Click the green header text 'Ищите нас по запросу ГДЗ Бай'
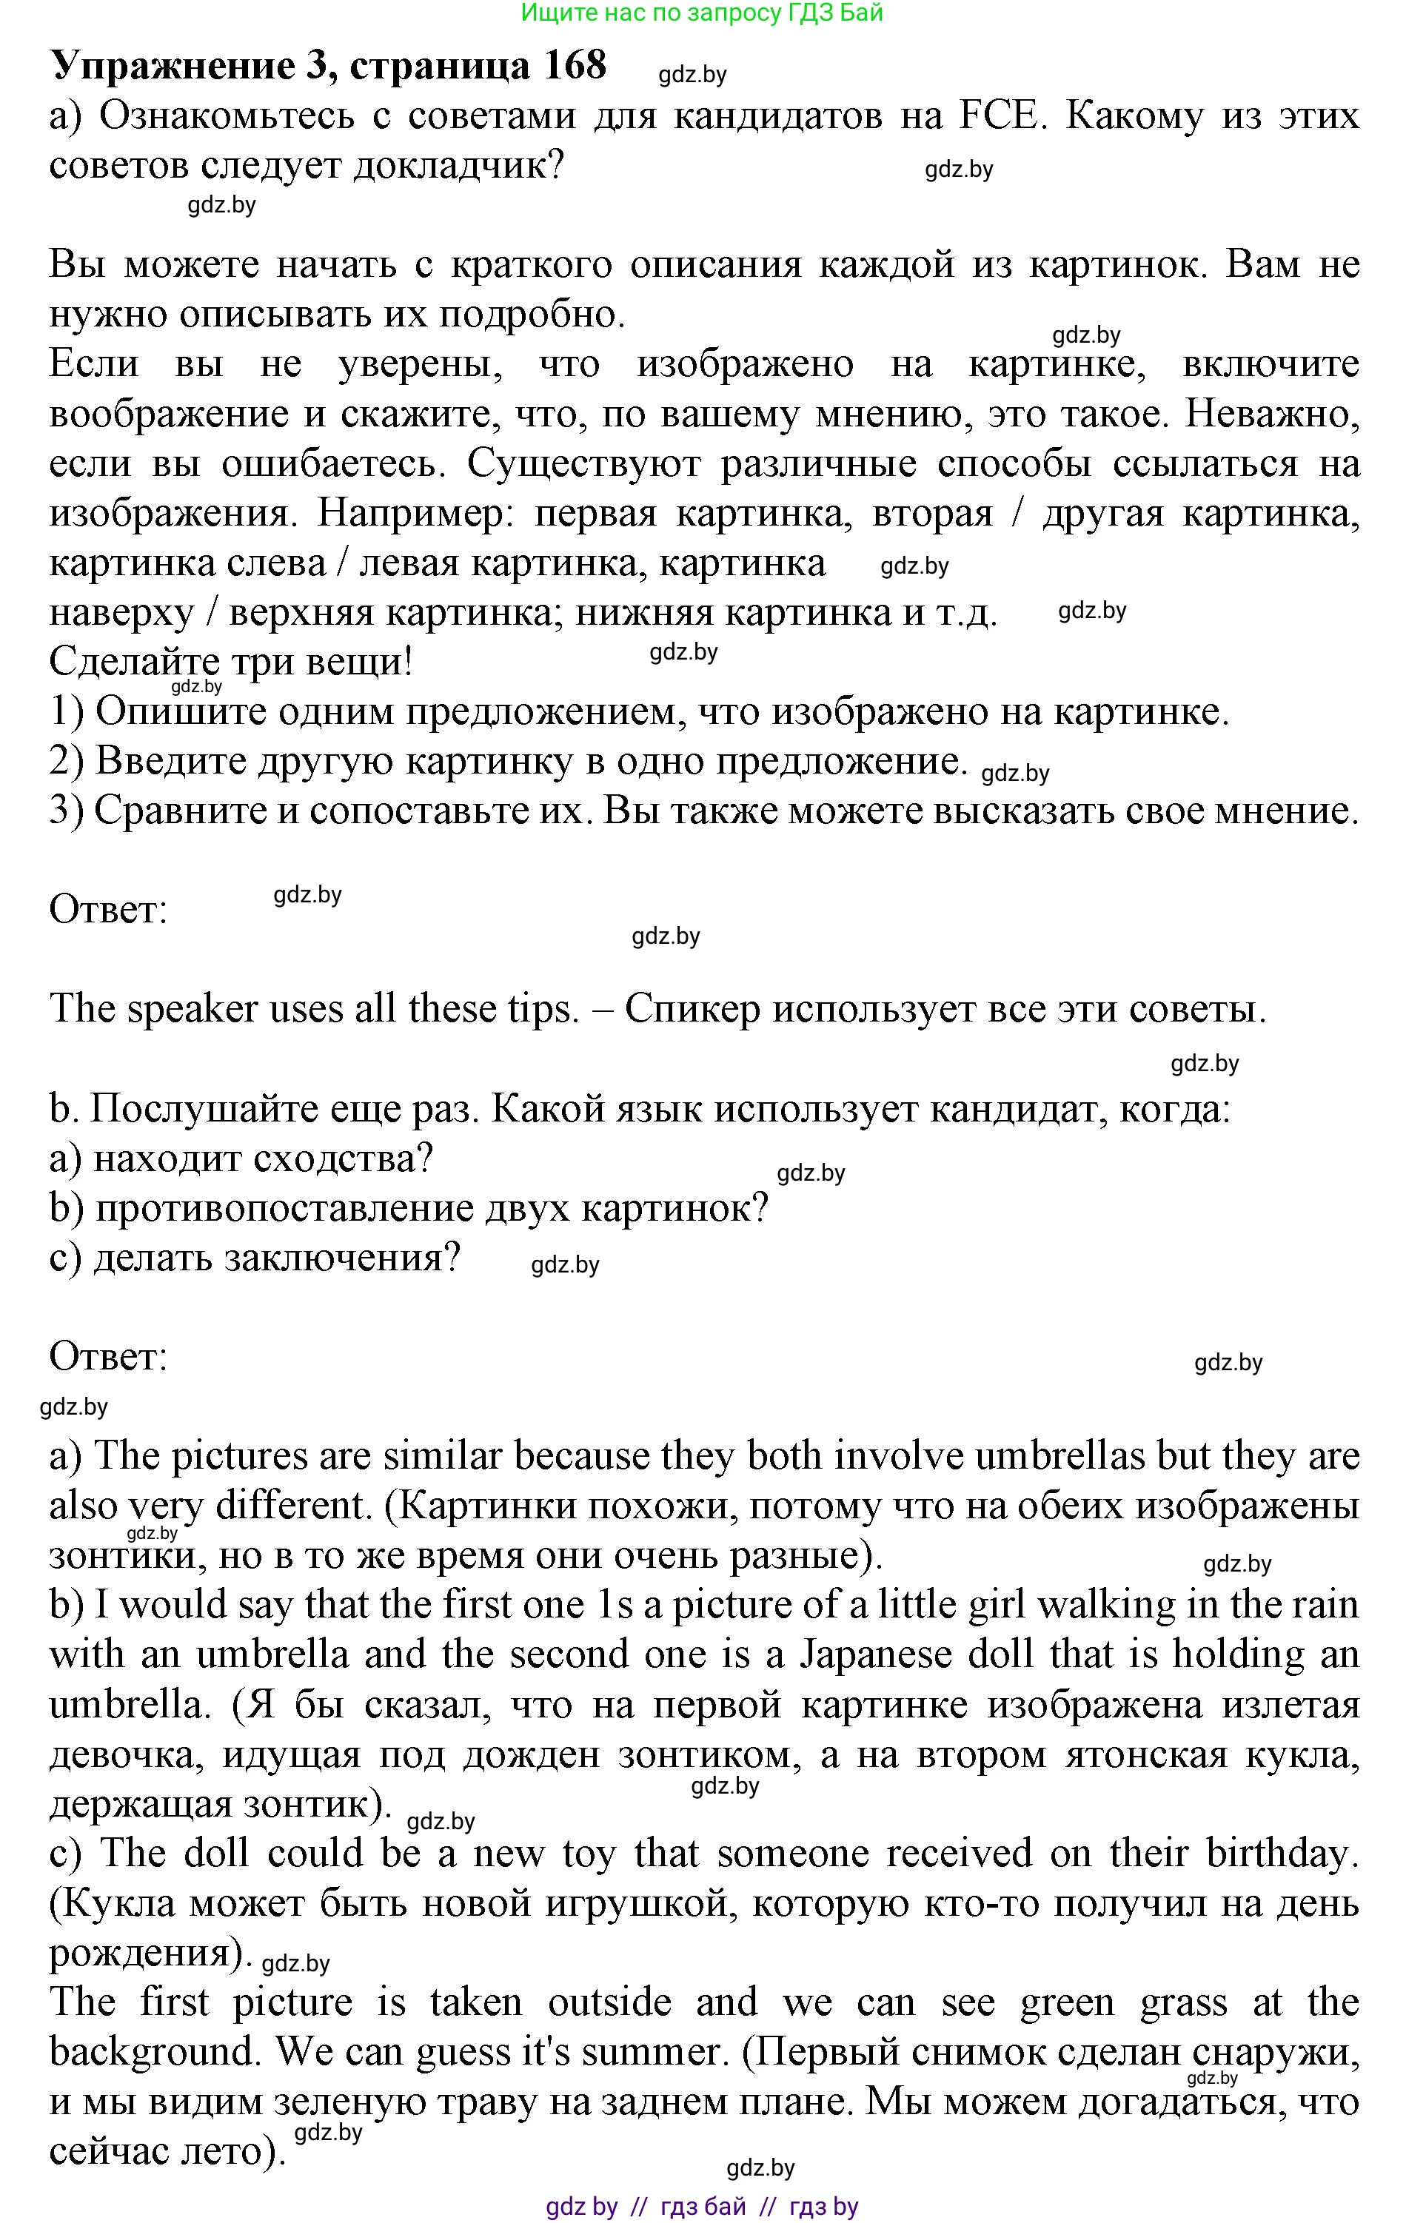coord(702,13)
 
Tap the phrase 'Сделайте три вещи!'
coord(231,662)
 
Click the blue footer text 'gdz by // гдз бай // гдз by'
coord(702,2207)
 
